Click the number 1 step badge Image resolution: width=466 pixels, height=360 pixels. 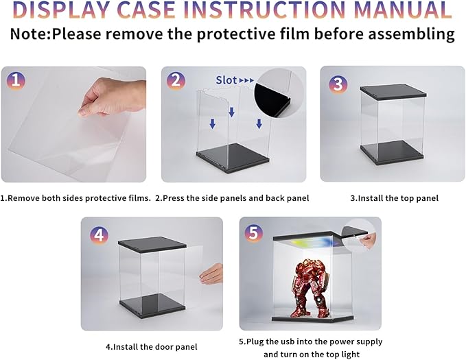[16, 80]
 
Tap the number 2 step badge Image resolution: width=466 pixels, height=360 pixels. [176, 80]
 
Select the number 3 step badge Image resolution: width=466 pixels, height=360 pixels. [338, 84]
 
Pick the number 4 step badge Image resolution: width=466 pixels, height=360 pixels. [99, 236]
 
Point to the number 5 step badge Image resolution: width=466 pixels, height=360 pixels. [253, 232]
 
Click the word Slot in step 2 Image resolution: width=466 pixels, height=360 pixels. [226, 80]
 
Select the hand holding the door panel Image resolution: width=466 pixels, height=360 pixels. [211, 274]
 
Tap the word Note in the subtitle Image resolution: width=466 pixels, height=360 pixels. [29, 34]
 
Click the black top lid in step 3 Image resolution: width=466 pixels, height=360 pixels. [393, 91]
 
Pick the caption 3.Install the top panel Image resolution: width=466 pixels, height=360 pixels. [394, 198]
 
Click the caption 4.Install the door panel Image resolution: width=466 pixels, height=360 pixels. [151, 347]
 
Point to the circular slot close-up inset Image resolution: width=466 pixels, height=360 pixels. [279, 93]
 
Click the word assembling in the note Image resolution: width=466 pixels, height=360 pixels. [412, 34]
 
